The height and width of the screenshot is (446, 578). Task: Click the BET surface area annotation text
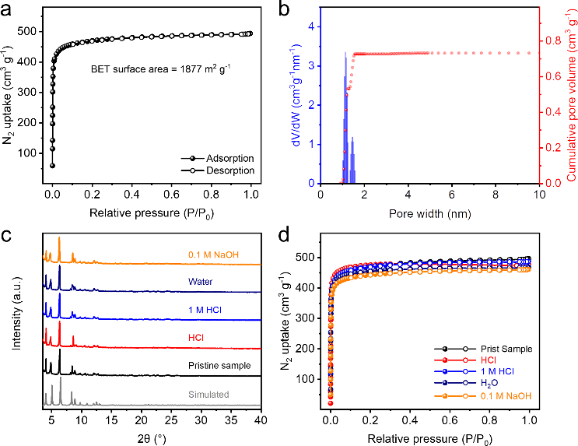(x=163, y=68)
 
